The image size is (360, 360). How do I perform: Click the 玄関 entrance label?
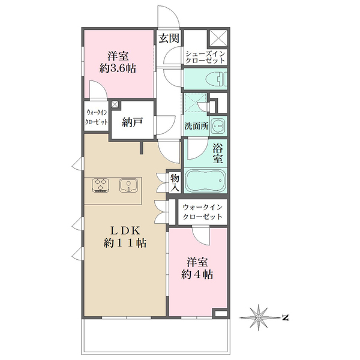tap(169, 38)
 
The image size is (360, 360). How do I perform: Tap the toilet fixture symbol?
tap(216, 79)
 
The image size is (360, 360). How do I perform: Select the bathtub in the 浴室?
tap(205, 181)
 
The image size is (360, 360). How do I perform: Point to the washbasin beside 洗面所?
tap(218, 126)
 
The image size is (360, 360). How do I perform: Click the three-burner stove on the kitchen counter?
tap(101, 185)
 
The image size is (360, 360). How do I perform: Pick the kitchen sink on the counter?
tap(128, 185)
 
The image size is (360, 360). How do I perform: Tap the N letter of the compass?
tap(285, 318)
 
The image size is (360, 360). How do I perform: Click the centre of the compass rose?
tap(259, 318)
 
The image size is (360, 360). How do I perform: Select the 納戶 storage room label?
tap(132, 122)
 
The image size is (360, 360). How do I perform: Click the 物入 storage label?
tap(175, 182)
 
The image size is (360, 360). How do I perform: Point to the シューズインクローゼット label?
tap(205, 57)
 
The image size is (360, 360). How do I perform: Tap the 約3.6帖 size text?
tap(118, 68)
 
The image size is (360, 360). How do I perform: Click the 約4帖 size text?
tap(197, 274)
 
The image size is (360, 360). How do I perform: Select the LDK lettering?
tap(125, 230)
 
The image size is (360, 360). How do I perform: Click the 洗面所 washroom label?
tap(197, 126)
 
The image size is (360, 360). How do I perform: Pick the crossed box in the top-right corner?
tap(218, 38)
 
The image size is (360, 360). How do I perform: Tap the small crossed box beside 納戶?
tap(115, 104)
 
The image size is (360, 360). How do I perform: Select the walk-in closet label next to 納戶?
tap(97, 117)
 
